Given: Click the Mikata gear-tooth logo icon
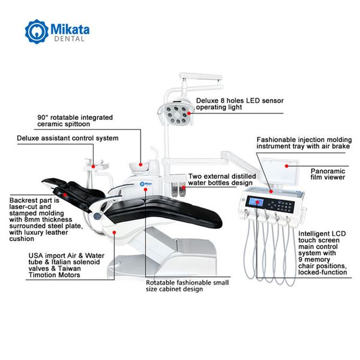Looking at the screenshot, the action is click(x=37, y=31).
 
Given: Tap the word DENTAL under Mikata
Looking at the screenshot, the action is click(x=70, y=39).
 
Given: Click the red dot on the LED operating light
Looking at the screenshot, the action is click(x=189, y=113).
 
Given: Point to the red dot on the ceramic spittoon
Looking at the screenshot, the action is click(x=140, y=164).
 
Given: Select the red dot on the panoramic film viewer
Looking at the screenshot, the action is click(x=287, y=166).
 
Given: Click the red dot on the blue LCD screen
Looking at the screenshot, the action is click(x=257, y=202).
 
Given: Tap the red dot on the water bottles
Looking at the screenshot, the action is click(x=184, y=188).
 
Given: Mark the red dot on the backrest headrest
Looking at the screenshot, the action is click(x=65, y=195).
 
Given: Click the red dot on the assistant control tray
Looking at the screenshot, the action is click(x=93, y=166).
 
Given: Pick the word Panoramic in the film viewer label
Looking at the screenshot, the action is click(x=328, y=171).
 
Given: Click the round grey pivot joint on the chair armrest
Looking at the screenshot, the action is click(x=97, y=216).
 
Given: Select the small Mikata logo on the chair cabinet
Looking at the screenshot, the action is click(x=146, y=184).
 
